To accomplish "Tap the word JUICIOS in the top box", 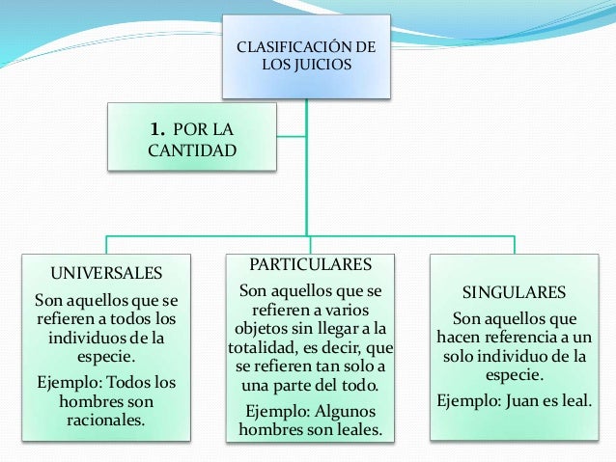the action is [x=325, y=67].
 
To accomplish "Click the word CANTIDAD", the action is [x=191, y=150].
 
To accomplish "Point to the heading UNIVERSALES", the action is [x=106, y=269].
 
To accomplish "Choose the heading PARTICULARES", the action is [x=309, y=264].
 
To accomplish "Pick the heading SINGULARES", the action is [x=514, y=291].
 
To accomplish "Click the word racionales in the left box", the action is [x=105, y=421].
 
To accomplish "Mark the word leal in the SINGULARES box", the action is [x=574, y=398].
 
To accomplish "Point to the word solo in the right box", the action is [x=463, y=357].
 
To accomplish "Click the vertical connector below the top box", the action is [x=307, y=164].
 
